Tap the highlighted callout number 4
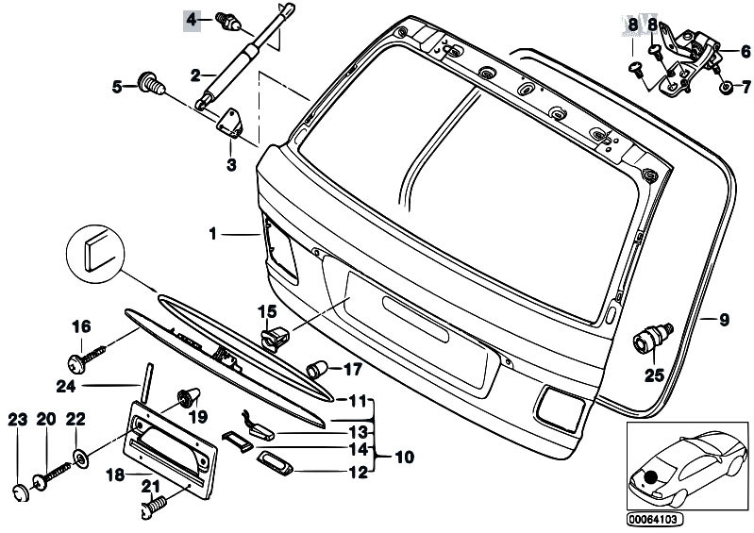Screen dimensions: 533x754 tap(192, 19)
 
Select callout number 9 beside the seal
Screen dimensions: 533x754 tap(724, 320)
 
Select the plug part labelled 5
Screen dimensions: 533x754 tap(150, 84)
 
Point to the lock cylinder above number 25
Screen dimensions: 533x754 tap(652, 336)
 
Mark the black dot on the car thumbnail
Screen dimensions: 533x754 tap(650, 479)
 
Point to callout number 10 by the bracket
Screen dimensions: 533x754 tap(403, 458)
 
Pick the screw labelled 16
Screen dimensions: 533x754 tap(81, 359)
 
